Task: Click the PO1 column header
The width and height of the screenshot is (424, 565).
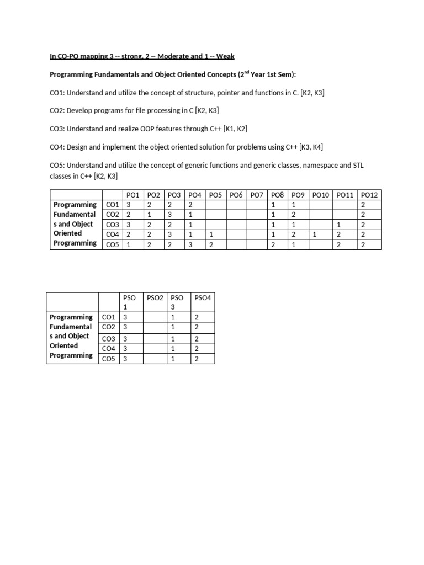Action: (x=134, y=195)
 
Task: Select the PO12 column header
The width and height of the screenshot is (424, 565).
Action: (x=369, y=195)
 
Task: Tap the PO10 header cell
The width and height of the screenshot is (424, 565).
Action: (x=320, y=195)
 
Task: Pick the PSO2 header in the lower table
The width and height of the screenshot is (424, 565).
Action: (x=155, y=297)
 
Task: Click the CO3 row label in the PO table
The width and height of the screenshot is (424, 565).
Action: (x=112, y=225)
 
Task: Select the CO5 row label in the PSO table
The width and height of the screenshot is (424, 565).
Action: (x=108, y=359)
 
